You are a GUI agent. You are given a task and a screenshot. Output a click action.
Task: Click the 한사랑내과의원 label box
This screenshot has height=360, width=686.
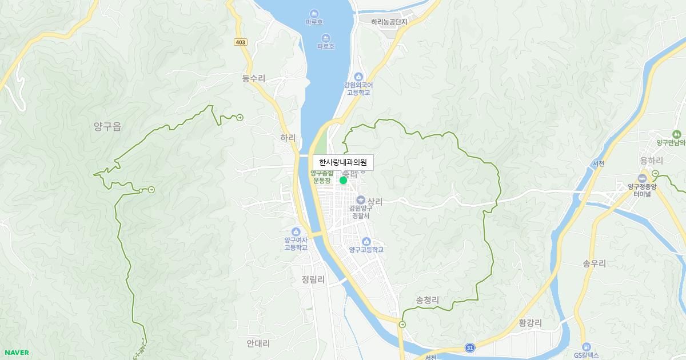[343, 162]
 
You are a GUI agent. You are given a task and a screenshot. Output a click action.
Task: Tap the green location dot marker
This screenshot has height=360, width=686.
[343, 180]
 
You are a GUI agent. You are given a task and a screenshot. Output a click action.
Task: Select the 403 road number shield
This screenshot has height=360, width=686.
[241, 42]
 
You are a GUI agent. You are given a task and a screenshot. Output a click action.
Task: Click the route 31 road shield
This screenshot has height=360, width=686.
[469, 347]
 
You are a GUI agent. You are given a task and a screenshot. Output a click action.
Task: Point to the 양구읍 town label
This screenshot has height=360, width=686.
[107, 127]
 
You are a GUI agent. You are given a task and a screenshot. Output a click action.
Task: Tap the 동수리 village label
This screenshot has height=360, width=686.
[254, 78]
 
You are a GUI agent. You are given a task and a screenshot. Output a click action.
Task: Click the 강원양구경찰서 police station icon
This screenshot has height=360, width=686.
[360, 200]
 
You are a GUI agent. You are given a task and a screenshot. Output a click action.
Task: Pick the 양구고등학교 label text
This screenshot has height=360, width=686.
[366, 250]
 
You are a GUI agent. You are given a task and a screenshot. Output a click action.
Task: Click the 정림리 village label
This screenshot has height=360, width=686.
[313, 280]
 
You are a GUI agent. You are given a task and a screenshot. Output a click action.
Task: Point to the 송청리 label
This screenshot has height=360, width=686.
[427, 299]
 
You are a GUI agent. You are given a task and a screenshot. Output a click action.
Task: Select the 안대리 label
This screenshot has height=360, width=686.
[258, 343]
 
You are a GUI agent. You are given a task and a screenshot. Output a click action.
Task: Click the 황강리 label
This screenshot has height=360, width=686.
[530, 323]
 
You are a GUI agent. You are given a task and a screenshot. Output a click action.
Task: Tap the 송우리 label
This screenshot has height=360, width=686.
[594, 263]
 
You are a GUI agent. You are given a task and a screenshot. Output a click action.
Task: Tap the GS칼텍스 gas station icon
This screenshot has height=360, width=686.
[586, 347]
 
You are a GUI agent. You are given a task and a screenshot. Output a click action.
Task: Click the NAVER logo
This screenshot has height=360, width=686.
[15, 353]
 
